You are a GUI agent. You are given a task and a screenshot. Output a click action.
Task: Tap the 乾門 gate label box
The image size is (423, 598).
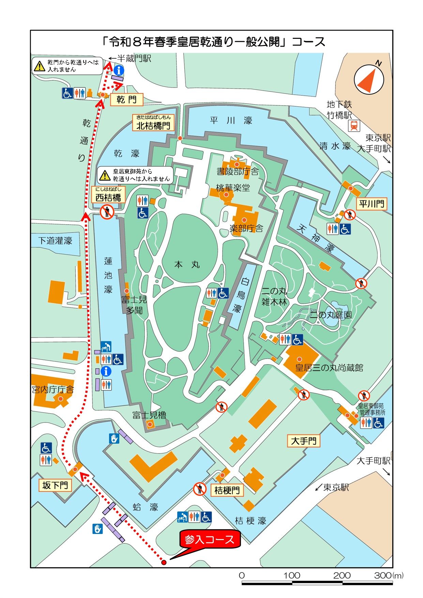click(126, 99)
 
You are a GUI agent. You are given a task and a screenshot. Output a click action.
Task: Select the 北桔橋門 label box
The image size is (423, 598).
click(153, 123)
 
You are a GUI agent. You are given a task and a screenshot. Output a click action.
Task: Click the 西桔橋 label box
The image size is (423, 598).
click(108, 195)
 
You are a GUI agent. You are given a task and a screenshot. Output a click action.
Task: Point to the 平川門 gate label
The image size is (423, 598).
click(371, 204)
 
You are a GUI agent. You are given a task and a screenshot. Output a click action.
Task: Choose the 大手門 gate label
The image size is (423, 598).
click(304, 441)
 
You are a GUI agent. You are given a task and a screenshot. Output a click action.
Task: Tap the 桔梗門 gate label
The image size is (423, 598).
click(227, 490)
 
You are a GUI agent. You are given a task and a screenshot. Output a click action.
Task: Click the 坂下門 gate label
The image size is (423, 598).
click(55, 485)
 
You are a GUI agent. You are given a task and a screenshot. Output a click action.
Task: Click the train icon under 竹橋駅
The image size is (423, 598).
click(354, 126)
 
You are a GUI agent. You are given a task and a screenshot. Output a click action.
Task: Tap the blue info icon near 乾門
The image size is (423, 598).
click(119, 71)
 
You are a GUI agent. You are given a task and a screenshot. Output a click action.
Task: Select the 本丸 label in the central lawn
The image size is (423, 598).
click(187, 264)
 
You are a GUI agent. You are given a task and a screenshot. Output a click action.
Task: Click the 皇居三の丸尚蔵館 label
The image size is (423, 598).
click(329, 368)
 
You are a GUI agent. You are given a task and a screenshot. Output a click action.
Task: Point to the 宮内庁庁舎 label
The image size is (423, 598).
click(53, 389)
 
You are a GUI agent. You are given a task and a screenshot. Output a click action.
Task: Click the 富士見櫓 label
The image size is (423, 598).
click(149, 415)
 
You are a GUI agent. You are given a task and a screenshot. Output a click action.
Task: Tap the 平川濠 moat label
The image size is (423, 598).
click(231, 120)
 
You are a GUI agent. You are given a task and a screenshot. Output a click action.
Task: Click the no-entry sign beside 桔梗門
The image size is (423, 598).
click(200, 489)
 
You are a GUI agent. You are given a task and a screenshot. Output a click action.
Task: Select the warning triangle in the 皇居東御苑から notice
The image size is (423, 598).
click(105, 175)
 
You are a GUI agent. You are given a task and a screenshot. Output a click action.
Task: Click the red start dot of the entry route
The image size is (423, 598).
click(164, 563)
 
